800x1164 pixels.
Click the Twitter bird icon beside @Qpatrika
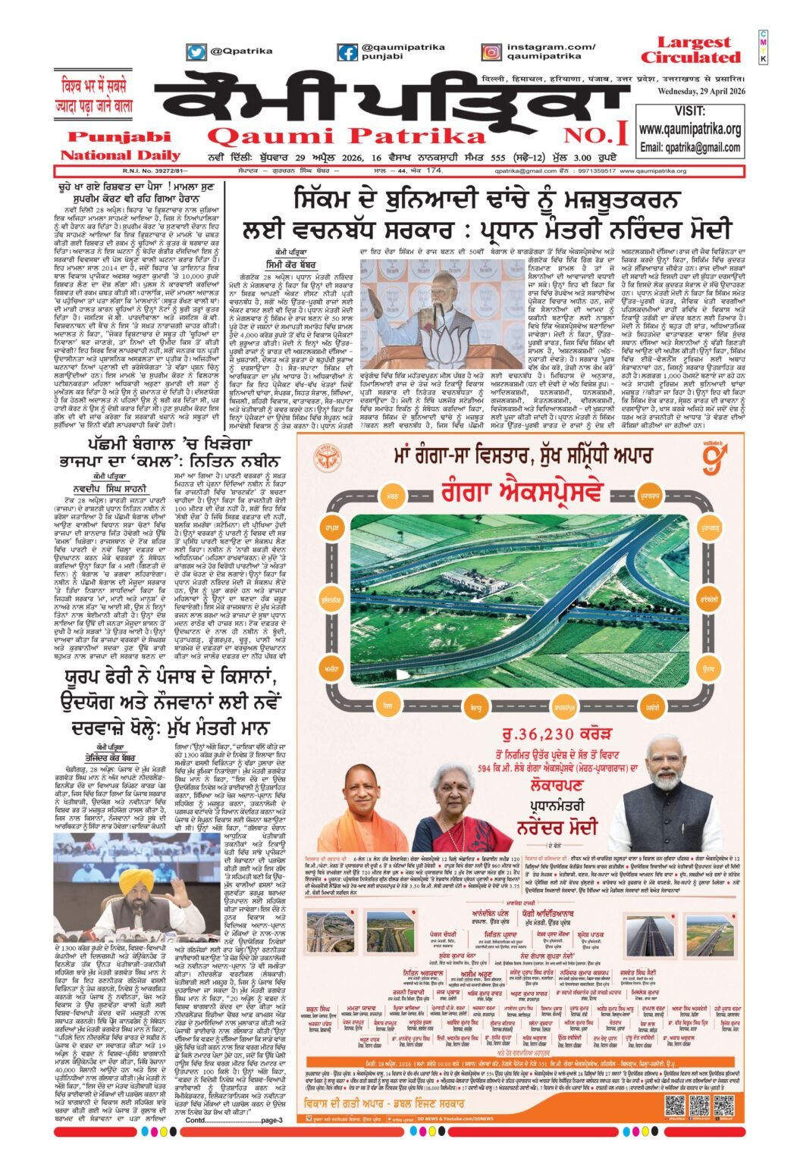click(x=196, y=52)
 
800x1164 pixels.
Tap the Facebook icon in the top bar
click(x=348, y=52)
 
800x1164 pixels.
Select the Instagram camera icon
click(x=491, y=52)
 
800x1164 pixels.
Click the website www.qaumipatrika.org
click(x=689, y=130)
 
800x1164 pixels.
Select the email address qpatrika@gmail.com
click(x=689, y=147)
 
